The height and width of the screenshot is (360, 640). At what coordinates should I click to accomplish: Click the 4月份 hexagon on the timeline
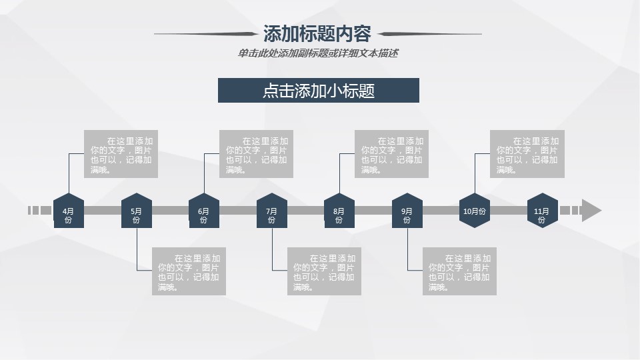point(69,211)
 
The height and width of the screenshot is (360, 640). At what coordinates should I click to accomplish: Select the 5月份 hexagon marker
point(137,211)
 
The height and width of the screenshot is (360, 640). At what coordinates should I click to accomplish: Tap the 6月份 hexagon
point(204,211)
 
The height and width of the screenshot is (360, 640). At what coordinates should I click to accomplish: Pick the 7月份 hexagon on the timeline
point(272,211)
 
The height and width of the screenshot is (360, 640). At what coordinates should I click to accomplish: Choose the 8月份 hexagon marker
point(339,211)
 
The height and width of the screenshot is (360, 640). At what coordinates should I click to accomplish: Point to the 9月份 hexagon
point(407,211)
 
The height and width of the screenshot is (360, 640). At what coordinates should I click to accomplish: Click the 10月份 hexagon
point(475,211)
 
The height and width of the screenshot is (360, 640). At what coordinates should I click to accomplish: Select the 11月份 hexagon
point(542,211)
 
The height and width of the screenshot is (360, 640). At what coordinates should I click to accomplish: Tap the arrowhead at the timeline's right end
point(591,211)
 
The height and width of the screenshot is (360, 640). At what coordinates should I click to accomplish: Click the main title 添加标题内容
point(317,33)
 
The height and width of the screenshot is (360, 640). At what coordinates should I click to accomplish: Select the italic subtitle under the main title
point(317,53)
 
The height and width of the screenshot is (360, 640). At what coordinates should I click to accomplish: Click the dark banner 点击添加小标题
point(319,91)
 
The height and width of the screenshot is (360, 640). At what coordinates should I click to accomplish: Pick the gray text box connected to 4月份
point(121,154)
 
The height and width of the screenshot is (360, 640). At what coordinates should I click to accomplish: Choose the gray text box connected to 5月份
point(189,271)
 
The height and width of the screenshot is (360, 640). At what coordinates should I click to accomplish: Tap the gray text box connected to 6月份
point(257,154)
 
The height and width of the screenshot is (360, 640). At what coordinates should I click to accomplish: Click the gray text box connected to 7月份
point(324,271)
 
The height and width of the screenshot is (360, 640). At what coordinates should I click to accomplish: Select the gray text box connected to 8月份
point(392,154)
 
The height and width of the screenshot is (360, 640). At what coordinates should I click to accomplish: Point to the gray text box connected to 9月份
point(459,271)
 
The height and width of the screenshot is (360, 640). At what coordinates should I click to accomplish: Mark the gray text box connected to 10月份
point(527,154)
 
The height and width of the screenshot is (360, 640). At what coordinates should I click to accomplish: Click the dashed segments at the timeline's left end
point(39,211)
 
